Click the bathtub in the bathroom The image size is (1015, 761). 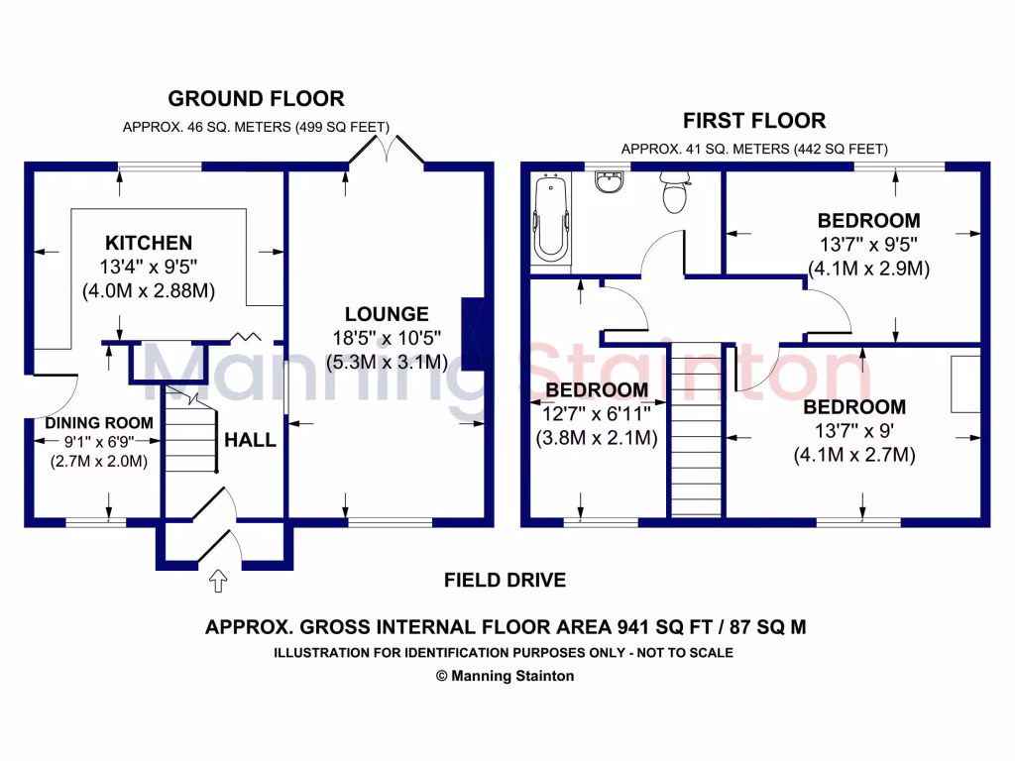(552, 220)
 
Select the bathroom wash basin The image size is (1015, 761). (608, 183)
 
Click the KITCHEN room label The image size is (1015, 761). (149, 243)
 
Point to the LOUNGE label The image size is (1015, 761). (388, 314)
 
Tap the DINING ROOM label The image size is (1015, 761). (99, 423)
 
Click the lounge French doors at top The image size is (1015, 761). (387, 152)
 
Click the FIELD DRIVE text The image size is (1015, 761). (505, 581)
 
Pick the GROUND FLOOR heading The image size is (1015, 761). (256, 99)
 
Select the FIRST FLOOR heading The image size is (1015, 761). (753, 121)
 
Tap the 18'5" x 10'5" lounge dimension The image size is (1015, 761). (388, 338)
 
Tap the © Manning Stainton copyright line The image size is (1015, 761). (505, 676)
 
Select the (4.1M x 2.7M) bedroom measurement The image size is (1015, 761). (853, 455)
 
